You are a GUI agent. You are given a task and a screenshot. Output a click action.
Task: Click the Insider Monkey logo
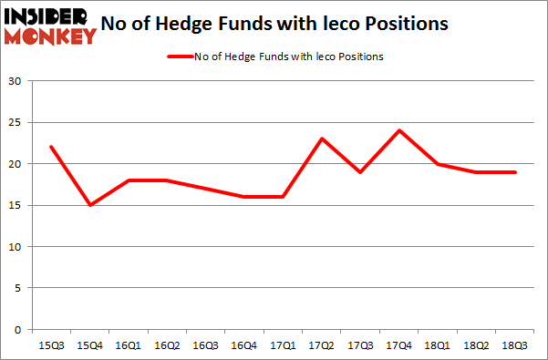click(x=50, y=26)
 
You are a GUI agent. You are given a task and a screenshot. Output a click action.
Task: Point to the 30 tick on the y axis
click(x=16, y=81)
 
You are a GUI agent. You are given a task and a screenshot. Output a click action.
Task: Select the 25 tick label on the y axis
click(x=16, y=123)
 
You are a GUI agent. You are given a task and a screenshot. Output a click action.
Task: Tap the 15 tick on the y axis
click(x=16, y=205)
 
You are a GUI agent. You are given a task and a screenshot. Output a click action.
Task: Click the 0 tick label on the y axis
click(x=18, y=329)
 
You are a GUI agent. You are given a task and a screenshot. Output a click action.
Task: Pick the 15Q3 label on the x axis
click(x=51, y=347)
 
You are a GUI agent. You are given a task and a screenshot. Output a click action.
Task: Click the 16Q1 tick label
click(x=132, y=347)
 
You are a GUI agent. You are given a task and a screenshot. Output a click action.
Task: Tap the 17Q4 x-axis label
click(x=399, y=347)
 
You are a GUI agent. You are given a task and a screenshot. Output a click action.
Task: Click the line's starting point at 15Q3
click(x=51, y=147)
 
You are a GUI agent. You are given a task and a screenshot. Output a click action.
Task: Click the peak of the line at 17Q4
click(x=399, y=130)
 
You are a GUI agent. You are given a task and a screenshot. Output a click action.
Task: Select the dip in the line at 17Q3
click(x=361, y=171)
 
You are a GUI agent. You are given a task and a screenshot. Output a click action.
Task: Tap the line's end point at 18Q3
click(x=514, y=171)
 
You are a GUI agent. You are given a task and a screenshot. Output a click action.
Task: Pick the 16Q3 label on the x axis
click(x=208, y=347)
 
